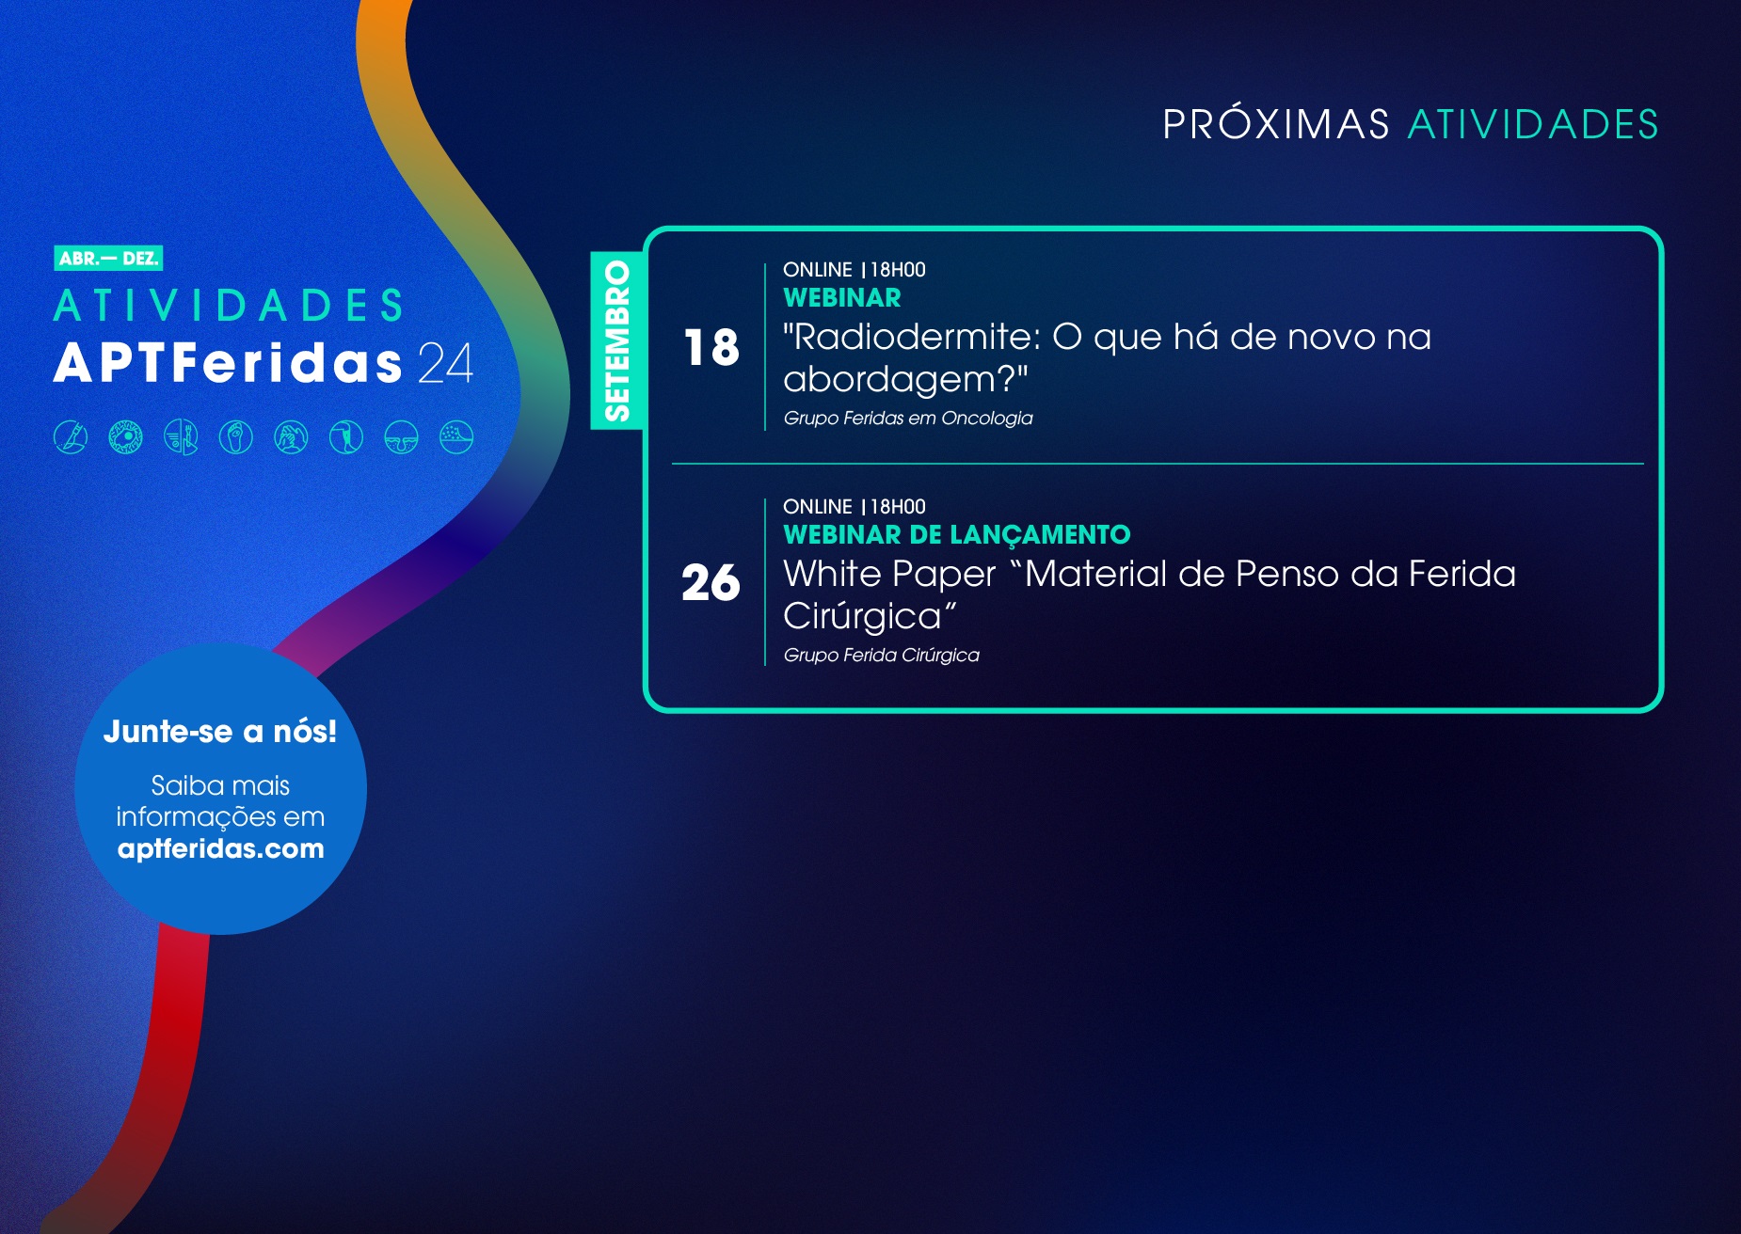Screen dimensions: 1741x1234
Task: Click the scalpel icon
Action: click(x=71, y=437)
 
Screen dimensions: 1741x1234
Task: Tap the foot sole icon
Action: click(x=236, y=437)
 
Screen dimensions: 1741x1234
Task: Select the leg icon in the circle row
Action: click(x=346, y=437)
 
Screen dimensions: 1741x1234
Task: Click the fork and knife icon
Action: click(x=181, y=437)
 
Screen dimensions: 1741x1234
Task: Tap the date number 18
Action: click(x=711, y=347)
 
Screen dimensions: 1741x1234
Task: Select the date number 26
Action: click(x=711, y=582)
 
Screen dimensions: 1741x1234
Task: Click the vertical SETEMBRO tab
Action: click(x=616, y=340)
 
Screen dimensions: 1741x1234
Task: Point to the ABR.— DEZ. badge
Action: click(x=108, y=259)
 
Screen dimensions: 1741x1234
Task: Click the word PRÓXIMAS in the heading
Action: click(x=1275, y=124)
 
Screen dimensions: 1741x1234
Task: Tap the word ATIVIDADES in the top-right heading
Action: click(x=1533, y=125)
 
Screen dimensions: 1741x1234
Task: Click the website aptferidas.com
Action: click(x=221, y=849)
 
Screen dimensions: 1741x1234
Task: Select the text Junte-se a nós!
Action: click(x=220, y=732)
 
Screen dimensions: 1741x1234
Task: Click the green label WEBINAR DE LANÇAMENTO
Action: click(x=957, y=535)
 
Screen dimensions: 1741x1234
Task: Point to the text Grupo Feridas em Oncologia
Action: click(x=908, y=419)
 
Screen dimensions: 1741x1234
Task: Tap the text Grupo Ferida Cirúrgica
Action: click(x=882, y=656)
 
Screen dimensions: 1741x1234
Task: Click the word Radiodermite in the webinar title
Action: click(x=912, y=337)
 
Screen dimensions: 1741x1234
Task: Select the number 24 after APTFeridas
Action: click(x=445, y=363)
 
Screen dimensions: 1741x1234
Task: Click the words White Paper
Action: click(x=889, y=575)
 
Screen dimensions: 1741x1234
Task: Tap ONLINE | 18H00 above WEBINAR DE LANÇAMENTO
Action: click(x=855, y=507)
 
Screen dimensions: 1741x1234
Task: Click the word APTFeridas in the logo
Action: click(x=229, y=363)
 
